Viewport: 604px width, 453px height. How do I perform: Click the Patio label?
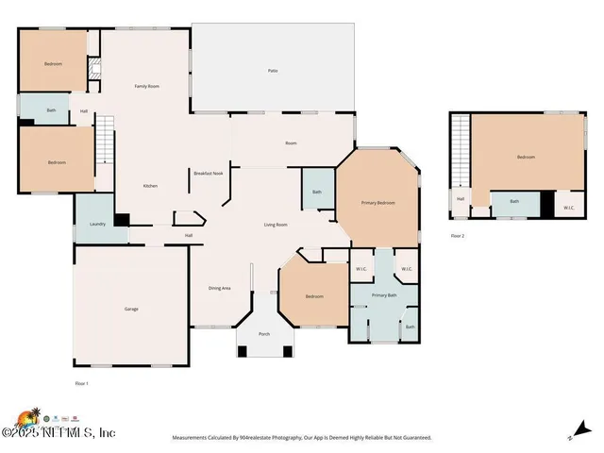[x=273, y=71]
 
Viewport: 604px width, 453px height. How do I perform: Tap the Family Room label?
[x=146, y=87]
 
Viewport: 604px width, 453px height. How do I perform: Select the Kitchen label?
[x=150, y=186]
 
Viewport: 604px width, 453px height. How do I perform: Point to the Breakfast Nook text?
[x=208, y=174]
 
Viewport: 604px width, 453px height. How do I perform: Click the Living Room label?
[x=275, y=225]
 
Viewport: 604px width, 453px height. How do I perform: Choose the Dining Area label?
[x=219, y=288]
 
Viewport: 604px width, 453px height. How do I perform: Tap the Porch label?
[x=264, y=334]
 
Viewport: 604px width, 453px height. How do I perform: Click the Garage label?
[x=132, y=309]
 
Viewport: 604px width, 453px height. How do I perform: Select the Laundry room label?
[x=97, y=224]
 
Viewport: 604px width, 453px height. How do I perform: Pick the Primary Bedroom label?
[x=377, y=203]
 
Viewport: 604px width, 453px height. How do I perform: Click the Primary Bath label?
[x=384, y=295]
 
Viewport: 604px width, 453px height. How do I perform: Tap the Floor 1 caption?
[x=81, y=383]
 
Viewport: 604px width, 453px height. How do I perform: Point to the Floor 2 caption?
[x=458, y=235]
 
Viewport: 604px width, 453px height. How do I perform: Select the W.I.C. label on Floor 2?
[x=569, y=208]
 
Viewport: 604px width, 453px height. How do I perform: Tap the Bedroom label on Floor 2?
[x=526, y=157]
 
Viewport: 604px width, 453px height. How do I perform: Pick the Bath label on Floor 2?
[x=514, y=201]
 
